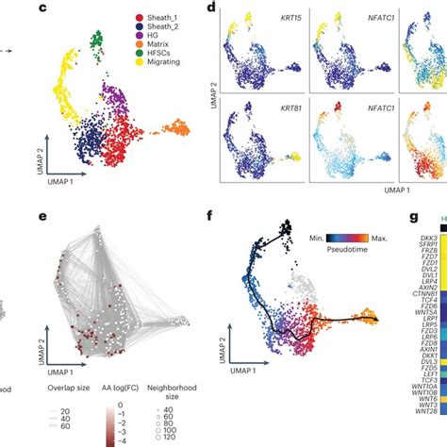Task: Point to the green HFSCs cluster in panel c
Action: [x=97, y=41]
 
